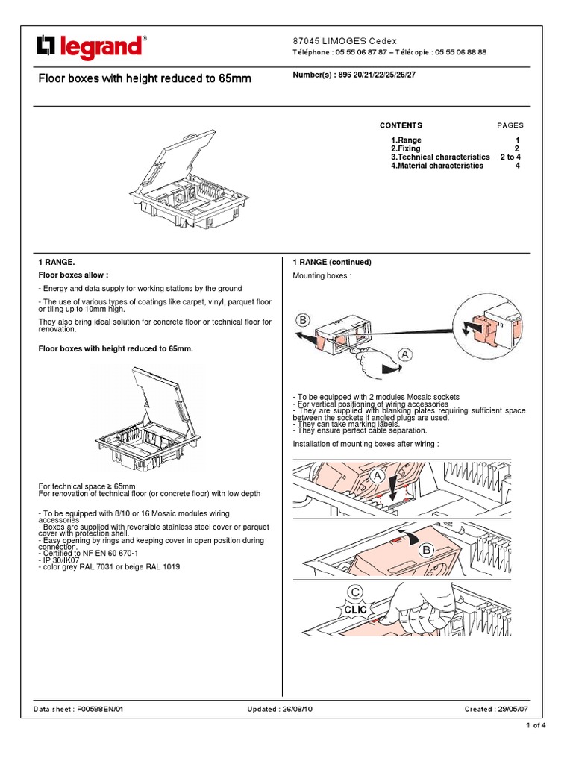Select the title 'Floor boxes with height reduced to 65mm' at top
[145, 78]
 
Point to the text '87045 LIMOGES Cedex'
[343, 40]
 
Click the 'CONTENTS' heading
[401, 125]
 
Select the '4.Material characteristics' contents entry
[436, 166]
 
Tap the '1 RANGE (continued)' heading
[331, 263]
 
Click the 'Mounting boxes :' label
[321, 276]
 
